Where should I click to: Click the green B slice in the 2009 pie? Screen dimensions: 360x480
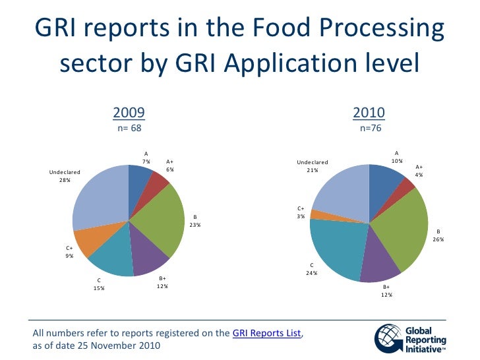162,221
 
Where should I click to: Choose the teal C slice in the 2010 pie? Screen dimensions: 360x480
336,247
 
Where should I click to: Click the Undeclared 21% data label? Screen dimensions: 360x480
312,166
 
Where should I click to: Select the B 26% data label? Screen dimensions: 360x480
438,235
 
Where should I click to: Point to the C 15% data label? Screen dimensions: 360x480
99,284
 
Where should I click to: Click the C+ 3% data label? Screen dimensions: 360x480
300,212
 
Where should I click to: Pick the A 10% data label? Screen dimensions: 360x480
396,156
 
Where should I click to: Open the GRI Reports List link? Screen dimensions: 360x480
267,334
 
